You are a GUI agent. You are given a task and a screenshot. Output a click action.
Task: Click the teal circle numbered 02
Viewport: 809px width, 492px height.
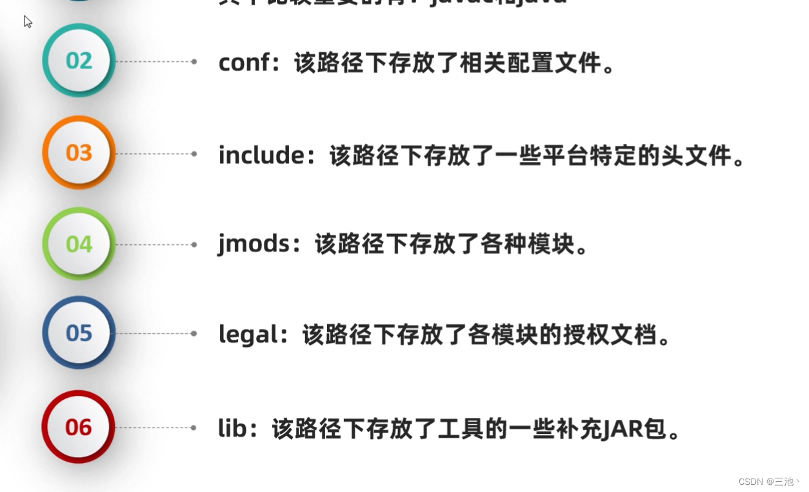click(79, 61)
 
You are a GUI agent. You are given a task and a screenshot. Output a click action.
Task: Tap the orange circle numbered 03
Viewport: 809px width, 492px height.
click(79, 153)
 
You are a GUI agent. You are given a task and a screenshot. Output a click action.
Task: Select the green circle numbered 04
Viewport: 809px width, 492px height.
click(79, 244)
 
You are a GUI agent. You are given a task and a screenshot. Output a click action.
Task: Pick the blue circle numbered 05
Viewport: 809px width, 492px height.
click(79, 333)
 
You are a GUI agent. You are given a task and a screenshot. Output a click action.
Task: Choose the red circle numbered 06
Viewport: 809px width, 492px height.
click(79, 427)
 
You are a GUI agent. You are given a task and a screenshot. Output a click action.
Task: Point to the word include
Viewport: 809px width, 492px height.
click(261, 155)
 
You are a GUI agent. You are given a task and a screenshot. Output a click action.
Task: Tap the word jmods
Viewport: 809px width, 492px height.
click(254, 244)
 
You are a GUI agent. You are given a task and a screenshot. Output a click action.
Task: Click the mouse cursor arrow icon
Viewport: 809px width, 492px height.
click(27, 22)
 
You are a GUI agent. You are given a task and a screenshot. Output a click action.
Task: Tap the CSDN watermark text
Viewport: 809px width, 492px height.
click(768, 482)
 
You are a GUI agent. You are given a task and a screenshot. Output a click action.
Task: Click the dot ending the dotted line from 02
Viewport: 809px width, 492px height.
click(194, 62)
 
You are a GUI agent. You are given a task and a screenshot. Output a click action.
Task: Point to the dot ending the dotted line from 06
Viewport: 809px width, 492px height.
click(194, 428)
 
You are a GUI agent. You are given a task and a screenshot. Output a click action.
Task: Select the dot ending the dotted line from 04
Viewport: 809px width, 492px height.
click(194, 245)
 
